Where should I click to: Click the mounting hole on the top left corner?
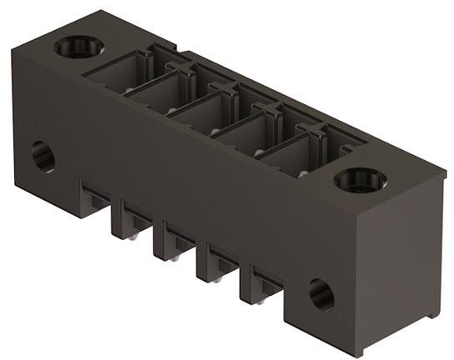point(79,47)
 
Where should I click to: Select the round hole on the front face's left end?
point(42,156)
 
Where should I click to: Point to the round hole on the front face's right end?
point(322,293)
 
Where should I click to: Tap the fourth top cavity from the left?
point(249,132)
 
